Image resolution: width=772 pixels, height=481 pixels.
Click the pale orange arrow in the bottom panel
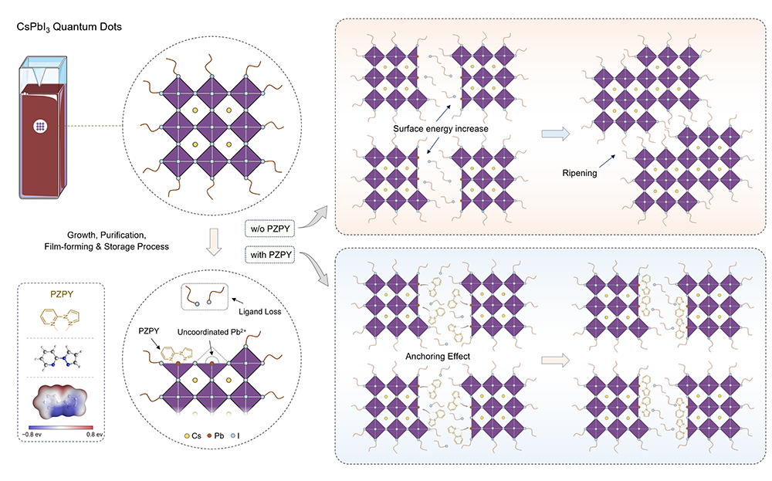coord(554,359)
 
